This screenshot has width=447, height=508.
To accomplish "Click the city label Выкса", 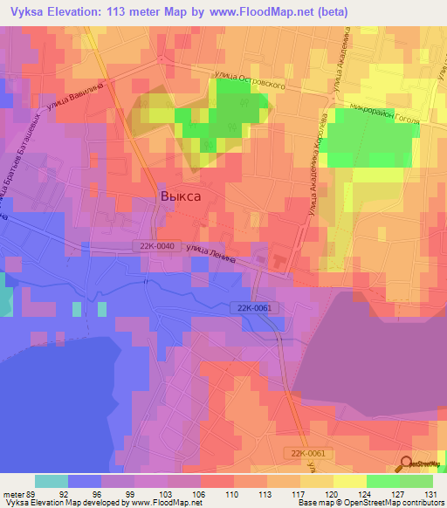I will [x=181, y=196].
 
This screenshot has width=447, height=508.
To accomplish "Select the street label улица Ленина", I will [x=210, y=251].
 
